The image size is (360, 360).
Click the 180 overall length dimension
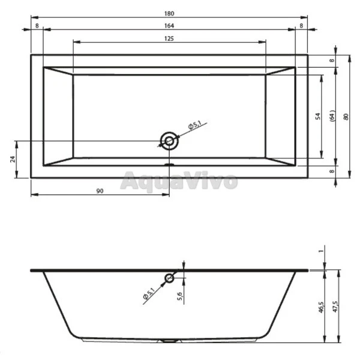[x=169, y=14]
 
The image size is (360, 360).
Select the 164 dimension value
[x=169, y=26]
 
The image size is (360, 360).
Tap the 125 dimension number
[x=169, y=38]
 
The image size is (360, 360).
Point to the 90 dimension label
[x=100, y=191]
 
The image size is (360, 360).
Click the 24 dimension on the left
[x=13, y=159]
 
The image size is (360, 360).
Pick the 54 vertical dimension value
[x=318, y=116]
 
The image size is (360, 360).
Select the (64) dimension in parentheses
[x=332, y=116]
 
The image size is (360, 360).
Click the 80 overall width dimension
[x=346, y=117]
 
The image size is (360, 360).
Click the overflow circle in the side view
[x=169, y=274]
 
